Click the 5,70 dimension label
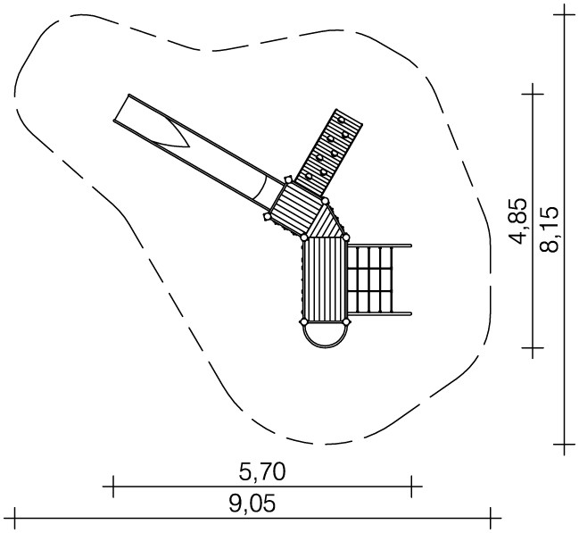tap(262, 472)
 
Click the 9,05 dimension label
tap(252, 504)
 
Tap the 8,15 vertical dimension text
tap(549, 229)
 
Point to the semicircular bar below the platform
tap(325, 346)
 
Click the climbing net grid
tap(370, 279)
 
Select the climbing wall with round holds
tap(329, 153)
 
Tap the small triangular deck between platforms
tap(326, 222)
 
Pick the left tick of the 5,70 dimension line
tap(113, 487)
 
